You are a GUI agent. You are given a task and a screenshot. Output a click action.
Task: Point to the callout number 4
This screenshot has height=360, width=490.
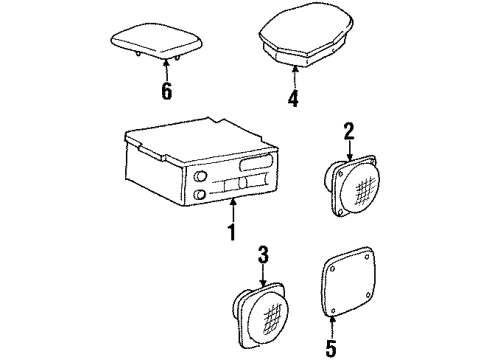293,99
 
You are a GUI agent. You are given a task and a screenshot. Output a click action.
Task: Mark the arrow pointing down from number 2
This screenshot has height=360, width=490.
349,148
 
